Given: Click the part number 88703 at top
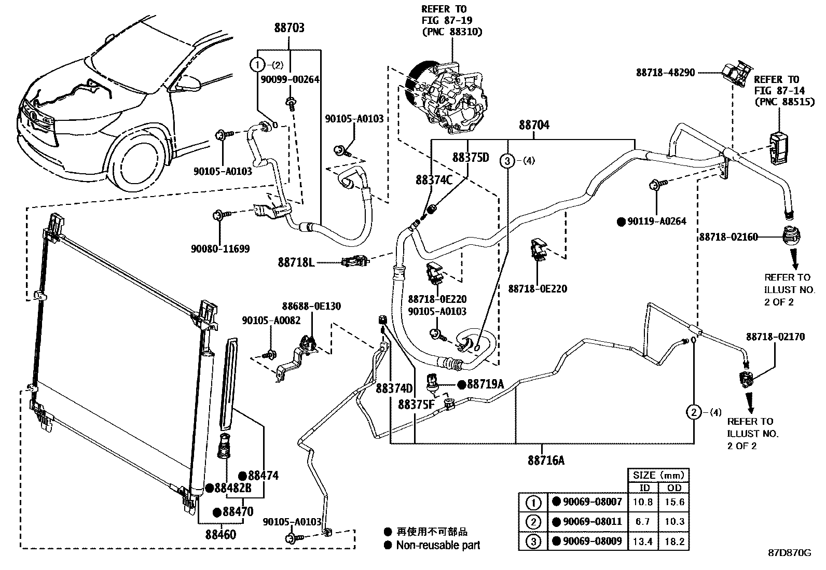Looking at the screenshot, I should [289, 28].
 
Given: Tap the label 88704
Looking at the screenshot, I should [534, 125].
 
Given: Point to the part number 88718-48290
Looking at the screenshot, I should [665, 73].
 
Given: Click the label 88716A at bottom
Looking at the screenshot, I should [546, 460].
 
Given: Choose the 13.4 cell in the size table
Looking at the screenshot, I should [643, 542].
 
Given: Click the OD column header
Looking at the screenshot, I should [674, 488].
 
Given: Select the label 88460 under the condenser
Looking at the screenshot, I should [220, 534].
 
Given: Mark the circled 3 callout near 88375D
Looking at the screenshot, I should [507, 161].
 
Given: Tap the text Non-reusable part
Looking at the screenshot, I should [438, 545].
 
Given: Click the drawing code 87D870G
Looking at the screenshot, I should [789, 552].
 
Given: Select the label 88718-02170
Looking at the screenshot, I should [775, 337].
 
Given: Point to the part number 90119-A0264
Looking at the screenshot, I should [656, 221].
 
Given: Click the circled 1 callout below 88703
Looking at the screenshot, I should [257, 65].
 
